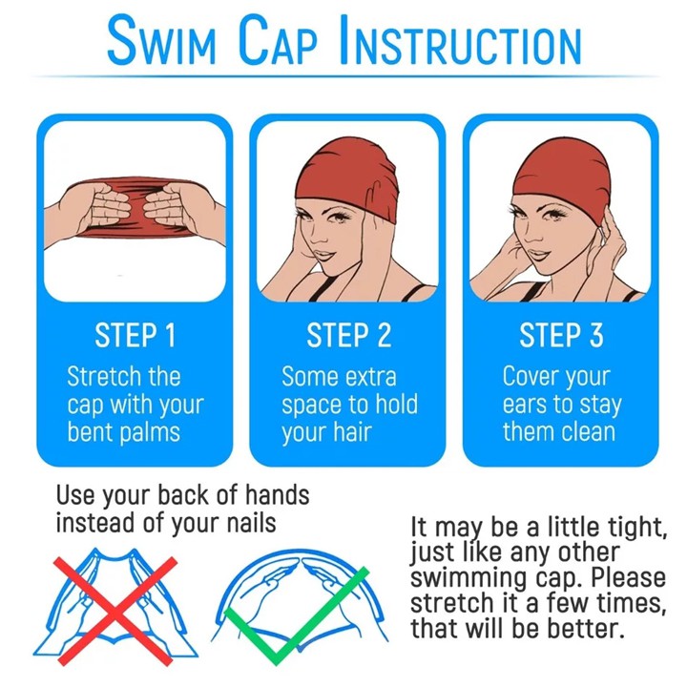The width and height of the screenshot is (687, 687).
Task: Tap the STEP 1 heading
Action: coord(135,336)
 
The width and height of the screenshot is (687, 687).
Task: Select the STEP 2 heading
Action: coord(349,336)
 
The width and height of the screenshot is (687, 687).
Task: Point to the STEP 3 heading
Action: coord(561,336)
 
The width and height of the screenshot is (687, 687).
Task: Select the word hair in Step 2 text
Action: coord(353,432)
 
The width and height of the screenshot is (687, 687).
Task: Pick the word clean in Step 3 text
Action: coord(588,431)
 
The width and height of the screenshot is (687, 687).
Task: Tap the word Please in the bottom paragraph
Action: coord(629,577)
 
